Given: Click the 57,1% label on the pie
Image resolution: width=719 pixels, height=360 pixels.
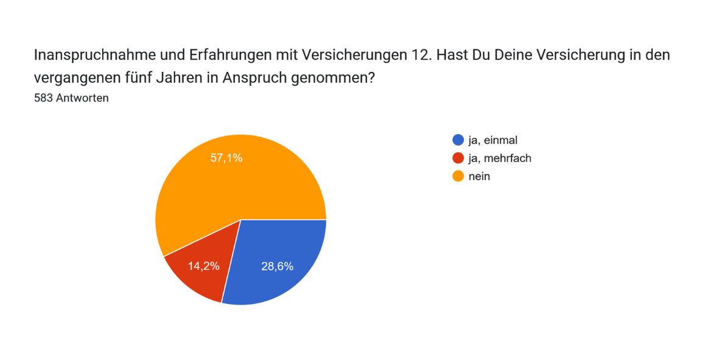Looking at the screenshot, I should [x=226, y=158].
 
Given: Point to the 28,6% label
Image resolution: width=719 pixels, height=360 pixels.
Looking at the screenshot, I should [x=277, y=266].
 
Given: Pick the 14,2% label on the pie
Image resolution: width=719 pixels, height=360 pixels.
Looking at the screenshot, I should [x=203, y=266].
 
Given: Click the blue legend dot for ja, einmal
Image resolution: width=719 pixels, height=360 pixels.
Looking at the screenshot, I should [x=458, y=141].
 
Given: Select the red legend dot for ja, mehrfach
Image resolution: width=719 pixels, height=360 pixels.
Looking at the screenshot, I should [x=458, y=158].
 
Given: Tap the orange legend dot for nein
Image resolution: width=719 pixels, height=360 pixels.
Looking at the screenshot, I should [x=458, y=177].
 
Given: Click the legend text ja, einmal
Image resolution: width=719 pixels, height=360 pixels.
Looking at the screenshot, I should [x=493, y=141].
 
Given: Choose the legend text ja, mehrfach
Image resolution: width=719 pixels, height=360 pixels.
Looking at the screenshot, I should [x=500, y=158].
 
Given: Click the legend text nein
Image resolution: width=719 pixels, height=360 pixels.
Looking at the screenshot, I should [x=479, y=177].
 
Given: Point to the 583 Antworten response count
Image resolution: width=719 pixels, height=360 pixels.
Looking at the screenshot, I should [x=71, y=98].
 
